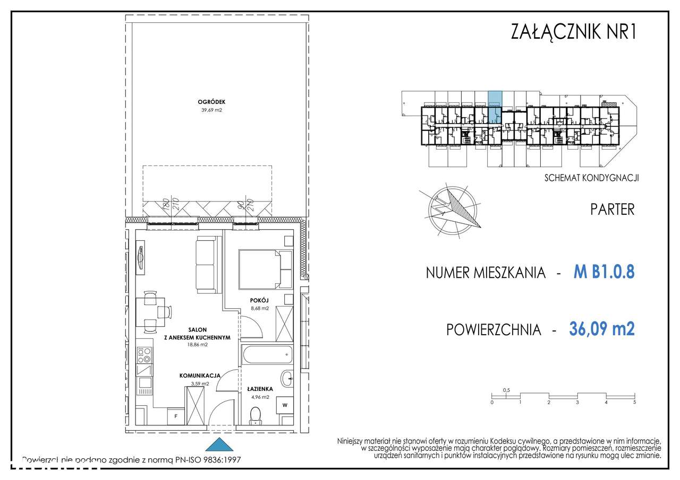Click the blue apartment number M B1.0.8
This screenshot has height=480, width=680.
[604, 273]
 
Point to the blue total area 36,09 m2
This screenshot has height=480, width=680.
[601, 329]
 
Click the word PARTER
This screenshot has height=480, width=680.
[612, 209]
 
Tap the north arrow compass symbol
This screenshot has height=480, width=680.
[450, 211]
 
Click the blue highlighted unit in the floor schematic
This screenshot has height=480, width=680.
[495, 99]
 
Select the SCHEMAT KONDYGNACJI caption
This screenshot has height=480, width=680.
[591, 178]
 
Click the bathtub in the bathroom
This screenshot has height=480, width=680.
[267, 354]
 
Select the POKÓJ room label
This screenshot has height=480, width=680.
[260, 300]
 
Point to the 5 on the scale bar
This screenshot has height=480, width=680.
[634, 403]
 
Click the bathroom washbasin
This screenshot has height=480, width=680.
[287, 378]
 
